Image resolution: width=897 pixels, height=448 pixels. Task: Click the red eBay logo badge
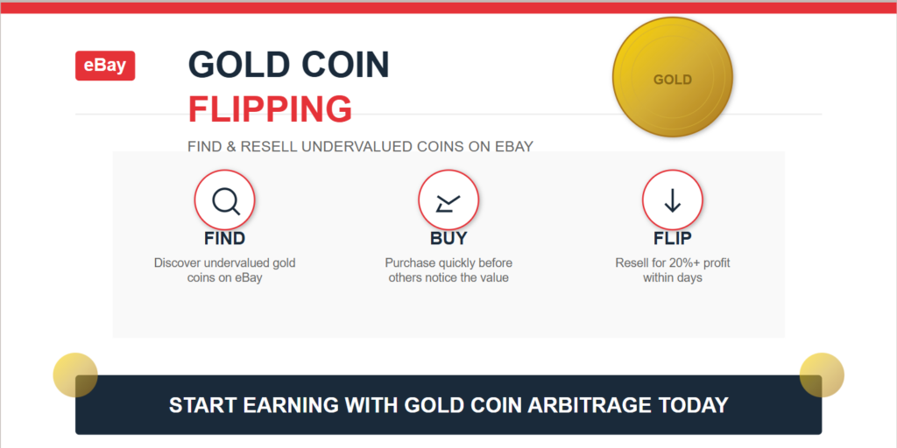[105, 66]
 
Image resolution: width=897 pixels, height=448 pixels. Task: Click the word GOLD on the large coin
[673, 80]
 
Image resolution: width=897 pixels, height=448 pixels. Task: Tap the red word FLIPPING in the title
[270, 109]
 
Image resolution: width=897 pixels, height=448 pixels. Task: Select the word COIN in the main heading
[345, 65]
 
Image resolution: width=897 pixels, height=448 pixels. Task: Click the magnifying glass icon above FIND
[225, 200]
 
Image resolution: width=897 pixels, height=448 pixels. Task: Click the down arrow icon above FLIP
[673, 200]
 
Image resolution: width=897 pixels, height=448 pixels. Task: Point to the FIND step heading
[225, 238]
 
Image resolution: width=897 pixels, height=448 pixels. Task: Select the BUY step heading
[448, 238]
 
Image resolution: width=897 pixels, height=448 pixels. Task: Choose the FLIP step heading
[673, 238]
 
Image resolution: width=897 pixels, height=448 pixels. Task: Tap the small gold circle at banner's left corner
[75, 374]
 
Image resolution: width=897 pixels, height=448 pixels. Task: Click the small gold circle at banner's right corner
[822, 374]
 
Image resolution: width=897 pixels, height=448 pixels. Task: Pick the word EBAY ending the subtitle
[514, 147]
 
